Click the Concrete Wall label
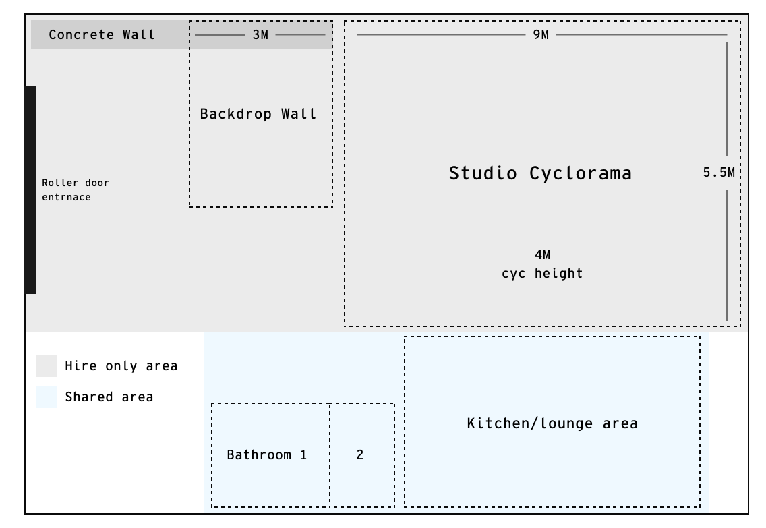pos(102,35)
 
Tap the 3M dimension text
pos(260,35)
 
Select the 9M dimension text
pos(541,35)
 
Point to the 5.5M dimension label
pos(719,173)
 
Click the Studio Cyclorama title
pos(541,173)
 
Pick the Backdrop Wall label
pos(258,114)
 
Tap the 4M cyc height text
pos(542,264)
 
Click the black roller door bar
pos(30,189)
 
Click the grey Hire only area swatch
pos(47,366)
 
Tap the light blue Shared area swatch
pos(47,397)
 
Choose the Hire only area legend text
pos(121,366)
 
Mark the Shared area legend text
pos(109,397)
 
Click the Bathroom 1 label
pos(266,455)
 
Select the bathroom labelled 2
pos(360,455)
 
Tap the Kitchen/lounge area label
pos(552,423)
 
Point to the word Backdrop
pos(229,114)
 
